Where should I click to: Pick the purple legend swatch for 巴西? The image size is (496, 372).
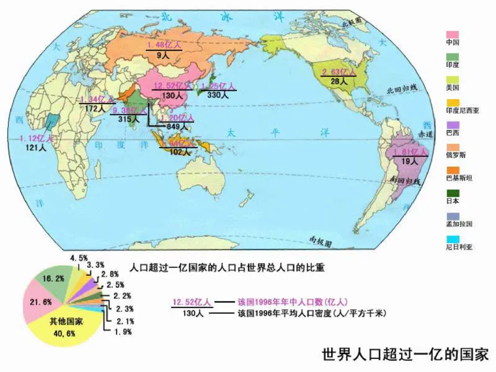coord(453,125)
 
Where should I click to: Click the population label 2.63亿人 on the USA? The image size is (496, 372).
coord(339,73)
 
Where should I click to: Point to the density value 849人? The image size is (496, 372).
coord(169,126)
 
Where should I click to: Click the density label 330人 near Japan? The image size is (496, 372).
coord(217,95)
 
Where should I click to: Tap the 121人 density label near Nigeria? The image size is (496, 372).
coord(35,148)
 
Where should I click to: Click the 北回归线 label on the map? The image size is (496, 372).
coord(399,89)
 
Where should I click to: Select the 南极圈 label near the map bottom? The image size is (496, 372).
coord(321,239)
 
